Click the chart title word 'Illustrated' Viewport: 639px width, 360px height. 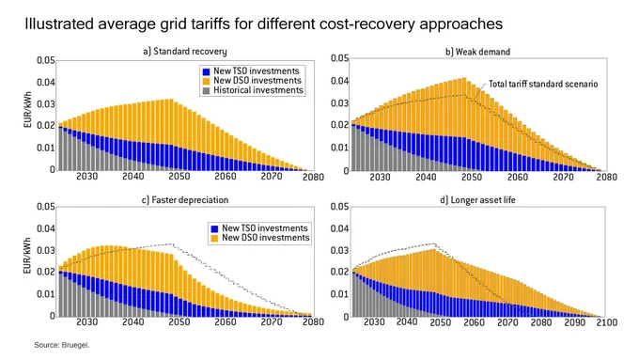pyautogui.click(x=58, y=23)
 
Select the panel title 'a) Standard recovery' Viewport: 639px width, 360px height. pyautogui.click(x=184, y=52)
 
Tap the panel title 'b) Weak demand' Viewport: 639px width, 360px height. pyautogui.click(x=477, y=52)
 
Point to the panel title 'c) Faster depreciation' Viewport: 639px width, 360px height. pyautogui.click(x=185, y=200)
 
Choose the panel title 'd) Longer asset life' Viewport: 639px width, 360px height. pyautogui.click(x=477, y=200)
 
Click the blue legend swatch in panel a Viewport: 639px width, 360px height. pyautogui.click(x=206, y=71)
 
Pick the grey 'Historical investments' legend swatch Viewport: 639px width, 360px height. pyautogui.click(x=206, y=90)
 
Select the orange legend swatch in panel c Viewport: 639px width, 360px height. pyautogui.click(x=214, y=238)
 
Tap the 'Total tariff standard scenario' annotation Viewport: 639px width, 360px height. pyautogui.click(x=543, y=84)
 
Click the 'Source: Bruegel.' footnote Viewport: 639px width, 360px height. pyautogui.click(x=62, y=345)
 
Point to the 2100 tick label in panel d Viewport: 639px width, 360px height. pyautogui.click(x=607, y=322)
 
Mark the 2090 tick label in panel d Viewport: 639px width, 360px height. pyautogui.click(x=574, y=322)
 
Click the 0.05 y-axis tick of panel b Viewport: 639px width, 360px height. pyautogui.click(x=339, y=58)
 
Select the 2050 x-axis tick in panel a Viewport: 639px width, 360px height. pyautogui.click(x=179, y=177)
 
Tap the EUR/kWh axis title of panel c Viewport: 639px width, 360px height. pyautogui.click(x=27, y=256)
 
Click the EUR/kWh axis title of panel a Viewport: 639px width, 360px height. pyautogui.click(x=27, y=109)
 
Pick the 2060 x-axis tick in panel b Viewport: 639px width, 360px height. pyautogui.click(x=518, y=177)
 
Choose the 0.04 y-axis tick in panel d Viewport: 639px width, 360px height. pyautogui.click(x=339, y=228)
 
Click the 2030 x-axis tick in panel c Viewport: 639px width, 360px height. pyautogui.click(x=87, y=322)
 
